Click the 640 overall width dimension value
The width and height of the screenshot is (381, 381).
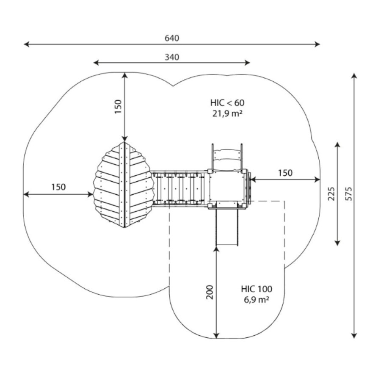[172, 38]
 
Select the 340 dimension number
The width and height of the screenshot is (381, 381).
[172, 57]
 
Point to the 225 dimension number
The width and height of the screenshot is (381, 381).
[331, 193]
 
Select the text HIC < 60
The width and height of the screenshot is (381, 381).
[227, 102]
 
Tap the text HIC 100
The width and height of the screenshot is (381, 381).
[257, 289]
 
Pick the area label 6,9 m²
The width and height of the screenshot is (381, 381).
[257, 300]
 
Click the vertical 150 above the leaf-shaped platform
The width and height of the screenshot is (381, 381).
[118, 107]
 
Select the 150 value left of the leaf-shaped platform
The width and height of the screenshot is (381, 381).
[58, 187]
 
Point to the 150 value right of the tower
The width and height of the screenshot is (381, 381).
[285, 173]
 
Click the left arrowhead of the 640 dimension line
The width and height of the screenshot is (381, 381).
[26, 44]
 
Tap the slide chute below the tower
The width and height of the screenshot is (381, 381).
[228, 226]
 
